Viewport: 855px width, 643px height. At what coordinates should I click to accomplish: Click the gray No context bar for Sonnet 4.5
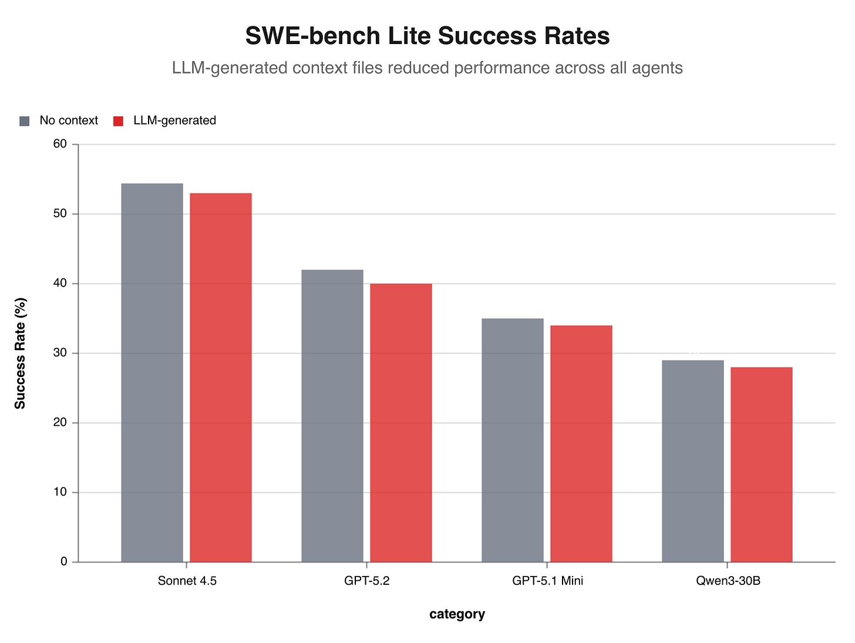pyautogui.click(x=152, y=373)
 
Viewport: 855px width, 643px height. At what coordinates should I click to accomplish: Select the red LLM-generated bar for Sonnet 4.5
pyautogui.click(x=221, y=378)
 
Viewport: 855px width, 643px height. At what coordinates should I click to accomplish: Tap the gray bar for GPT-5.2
pyautogui.click(x=332, y=416)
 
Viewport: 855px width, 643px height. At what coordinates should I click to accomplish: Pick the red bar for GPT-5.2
pyautogui.click(x=401, y=423)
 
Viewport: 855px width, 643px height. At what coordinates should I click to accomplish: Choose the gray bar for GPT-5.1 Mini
pyautogui.click(x=513, y=440)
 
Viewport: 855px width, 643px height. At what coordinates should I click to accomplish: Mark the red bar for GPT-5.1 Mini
pyautogui.click(x=581, y=444)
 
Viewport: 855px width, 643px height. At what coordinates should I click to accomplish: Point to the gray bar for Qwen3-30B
pyautogui.click(x=693, y=461)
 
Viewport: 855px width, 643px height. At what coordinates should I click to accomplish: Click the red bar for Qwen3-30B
pyautogui.click(x=762, y=464)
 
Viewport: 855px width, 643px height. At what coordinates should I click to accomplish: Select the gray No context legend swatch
pyautogui.click(x=24, y=121)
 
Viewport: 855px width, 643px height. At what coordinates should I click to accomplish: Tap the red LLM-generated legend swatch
pyautogui.click(x=118, y=121)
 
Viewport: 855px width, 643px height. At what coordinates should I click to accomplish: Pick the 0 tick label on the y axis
pyautogui.click(x=65, y=562)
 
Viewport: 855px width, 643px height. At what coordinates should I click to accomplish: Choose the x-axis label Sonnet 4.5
pyautogui.click(x=187, y=581)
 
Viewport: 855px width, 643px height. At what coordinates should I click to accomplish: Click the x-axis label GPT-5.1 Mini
pyautogui.click(x=548, y=581)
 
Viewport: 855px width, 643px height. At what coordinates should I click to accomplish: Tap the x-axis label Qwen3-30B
pyautogui.click(x=728, y=581)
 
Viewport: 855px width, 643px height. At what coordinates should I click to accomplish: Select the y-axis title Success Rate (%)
pyautogui.click(x=21, y=354)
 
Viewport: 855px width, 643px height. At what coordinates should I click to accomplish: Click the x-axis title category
pyautogui.click(x=457, y=615)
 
